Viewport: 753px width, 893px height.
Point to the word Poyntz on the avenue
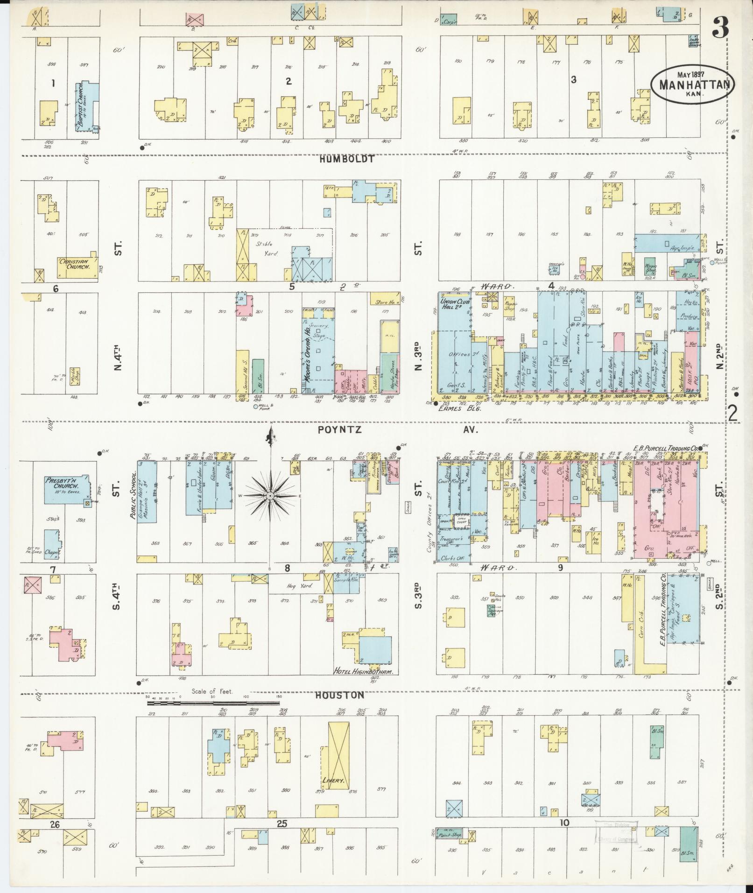339,430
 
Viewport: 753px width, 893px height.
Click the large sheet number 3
721,29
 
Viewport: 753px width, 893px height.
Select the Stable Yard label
267,248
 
